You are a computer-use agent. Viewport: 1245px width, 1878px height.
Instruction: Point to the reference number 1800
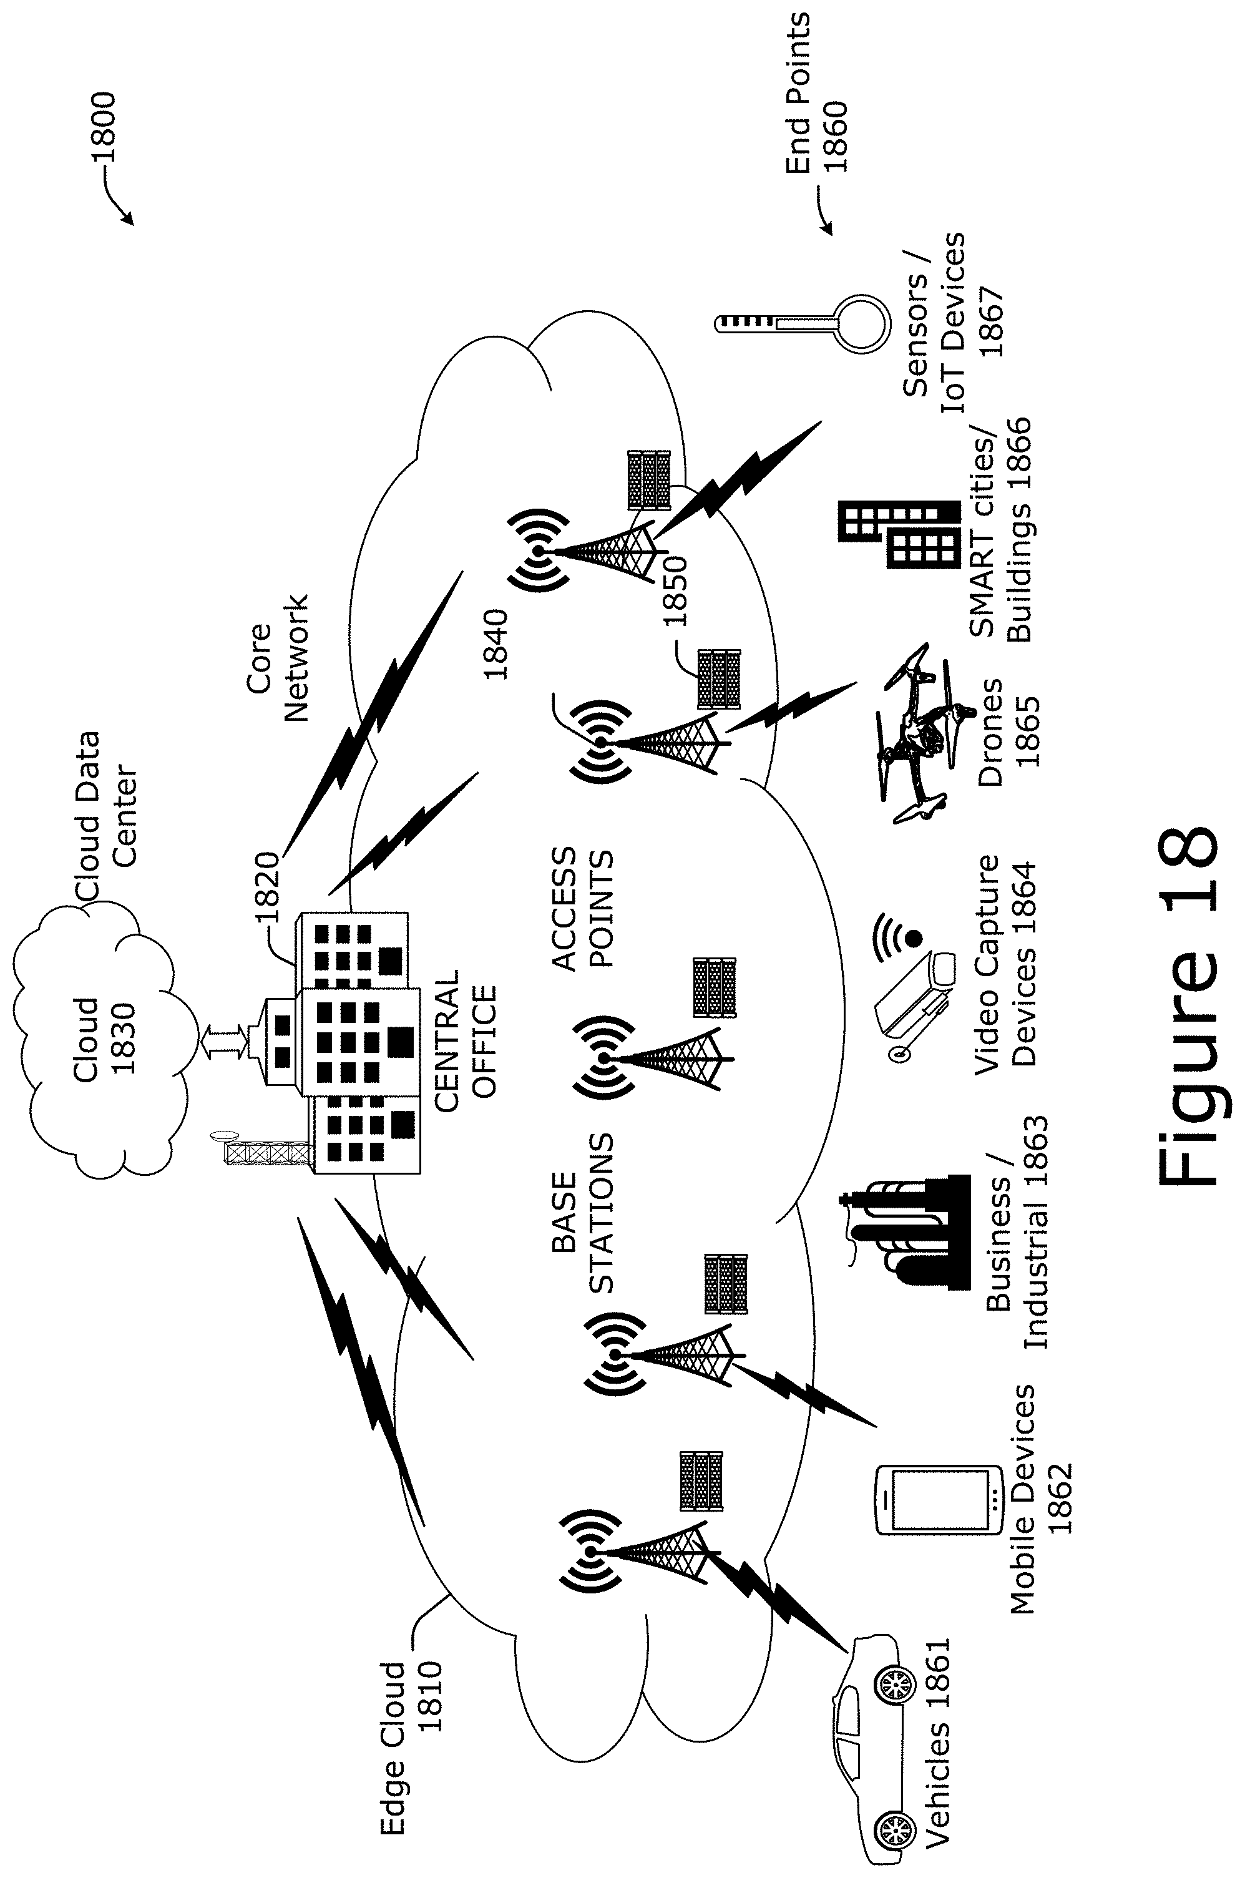[103, 127]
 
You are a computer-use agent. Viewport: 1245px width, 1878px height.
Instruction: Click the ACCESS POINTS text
[583, 909]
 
